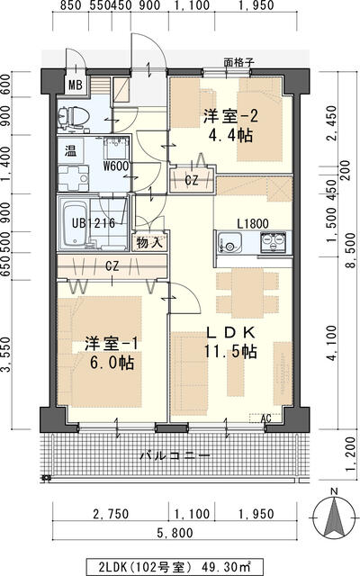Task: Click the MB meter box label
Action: pos(76,86)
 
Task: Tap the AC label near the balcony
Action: pos(265,418)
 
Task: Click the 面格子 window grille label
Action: pos(238,64)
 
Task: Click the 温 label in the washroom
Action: pos(69,152)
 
